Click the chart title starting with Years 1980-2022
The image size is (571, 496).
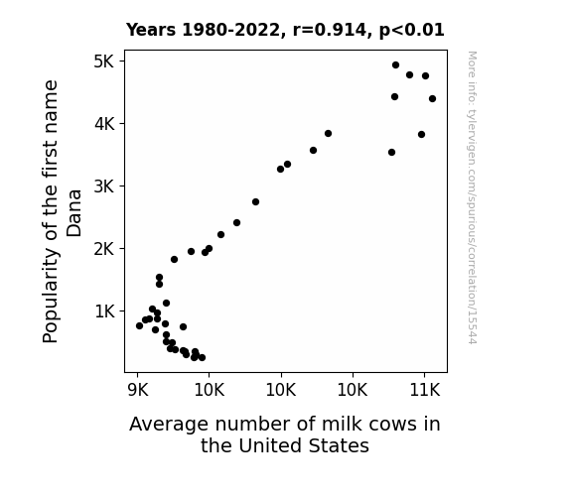tap(285, 30)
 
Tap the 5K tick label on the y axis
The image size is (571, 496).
tap(104, 62)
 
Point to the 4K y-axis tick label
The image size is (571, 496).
tap(104, 124)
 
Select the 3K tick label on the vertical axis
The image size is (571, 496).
tap(104, 186)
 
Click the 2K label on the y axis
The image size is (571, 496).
tap(104, 249)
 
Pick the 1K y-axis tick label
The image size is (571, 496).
tap(104, 311)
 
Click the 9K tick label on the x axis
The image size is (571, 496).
tap(138, 391)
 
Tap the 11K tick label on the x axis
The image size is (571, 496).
tap(425, 391)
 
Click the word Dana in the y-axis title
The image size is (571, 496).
tap(73, 213)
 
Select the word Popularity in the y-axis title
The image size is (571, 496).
tap(51, 301)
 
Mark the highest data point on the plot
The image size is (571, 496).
tap(395, 65)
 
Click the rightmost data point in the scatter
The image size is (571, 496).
tap(432, 98)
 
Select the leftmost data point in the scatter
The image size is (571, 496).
tap(139, 325)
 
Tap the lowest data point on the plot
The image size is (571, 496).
tap(203, 358)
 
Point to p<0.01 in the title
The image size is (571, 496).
tap(412, 30)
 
